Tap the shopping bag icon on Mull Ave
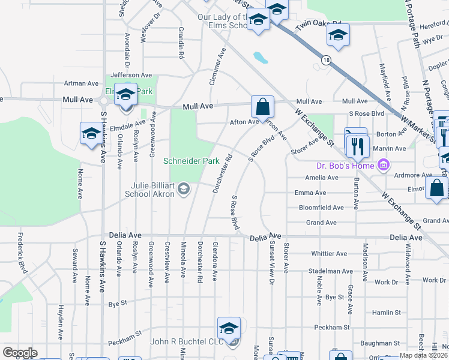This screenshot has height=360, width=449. point(262,107)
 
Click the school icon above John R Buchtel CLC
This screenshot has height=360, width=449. point(229,328)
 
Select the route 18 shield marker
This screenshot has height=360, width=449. point(326,60)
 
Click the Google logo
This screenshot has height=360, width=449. point(20,353)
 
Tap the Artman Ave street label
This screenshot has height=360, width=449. point(81,83)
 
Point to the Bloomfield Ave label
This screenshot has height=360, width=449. point(322,208)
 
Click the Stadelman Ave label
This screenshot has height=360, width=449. point(329,271)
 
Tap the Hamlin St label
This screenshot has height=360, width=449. point(386,313)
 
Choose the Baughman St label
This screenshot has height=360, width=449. point(381,343)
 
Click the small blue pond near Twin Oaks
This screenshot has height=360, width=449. point(261,58)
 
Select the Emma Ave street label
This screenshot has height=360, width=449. point(310,193)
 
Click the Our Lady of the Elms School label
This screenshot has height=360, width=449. point(223,21)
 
